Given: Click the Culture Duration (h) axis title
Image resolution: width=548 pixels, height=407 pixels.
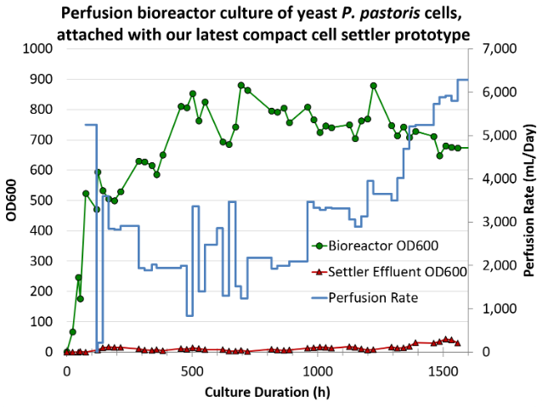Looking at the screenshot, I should (x=266, y=392).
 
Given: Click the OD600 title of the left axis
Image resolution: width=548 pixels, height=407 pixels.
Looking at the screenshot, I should (x=11, y=201).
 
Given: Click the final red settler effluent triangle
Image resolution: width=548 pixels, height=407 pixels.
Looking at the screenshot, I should (x=457, y=342).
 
